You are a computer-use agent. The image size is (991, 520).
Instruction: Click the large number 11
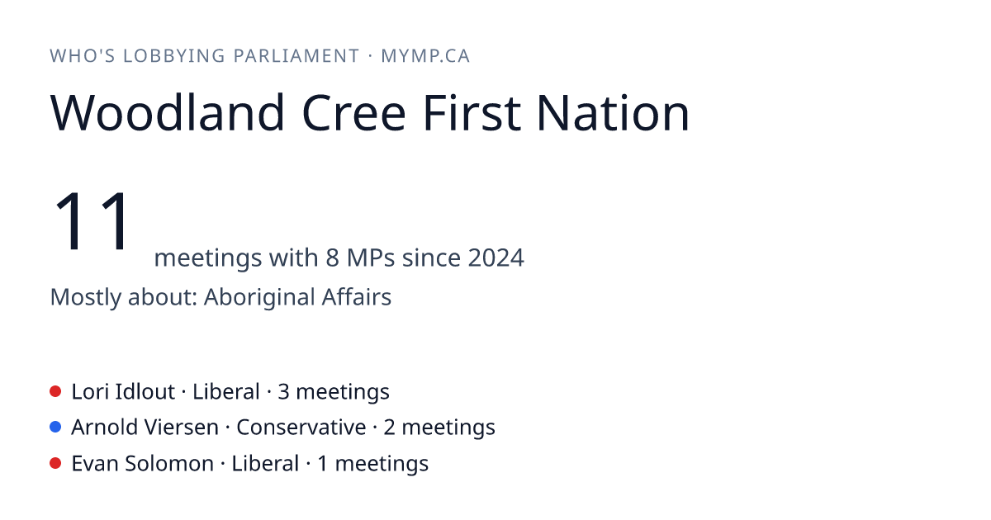(x=92, y=220)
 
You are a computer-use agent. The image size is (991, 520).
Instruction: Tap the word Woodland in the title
(x=167, y=113)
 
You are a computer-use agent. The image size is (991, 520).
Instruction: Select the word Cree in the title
(x=353, y=113)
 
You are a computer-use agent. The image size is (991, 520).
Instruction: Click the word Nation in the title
(x=613, y=113)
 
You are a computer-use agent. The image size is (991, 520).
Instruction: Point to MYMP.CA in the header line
(x=425, y=56)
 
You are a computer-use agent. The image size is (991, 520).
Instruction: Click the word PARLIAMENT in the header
(x=296, y=56)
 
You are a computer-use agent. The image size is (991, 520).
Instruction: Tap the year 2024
(x=496, y=258)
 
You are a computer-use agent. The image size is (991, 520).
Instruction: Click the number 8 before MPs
(x=332, y=258)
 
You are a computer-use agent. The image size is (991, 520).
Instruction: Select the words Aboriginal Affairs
(x=297, y=297)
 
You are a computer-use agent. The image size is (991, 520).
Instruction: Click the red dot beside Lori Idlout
(x=55, y=391)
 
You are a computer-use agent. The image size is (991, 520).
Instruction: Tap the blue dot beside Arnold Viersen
(x=55, y=428)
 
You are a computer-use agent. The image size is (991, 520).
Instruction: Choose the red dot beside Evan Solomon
(x=55, y=463)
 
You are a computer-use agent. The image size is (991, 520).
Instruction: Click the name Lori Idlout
(x=123, y=392)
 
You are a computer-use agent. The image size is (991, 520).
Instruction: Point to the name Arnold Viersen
(x=145, y=428)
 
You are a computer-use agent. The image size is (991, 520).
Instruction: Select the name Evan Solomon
(x=142, y=464)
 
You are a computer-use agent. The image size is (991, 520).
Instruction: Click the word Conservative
(x=301, y=428)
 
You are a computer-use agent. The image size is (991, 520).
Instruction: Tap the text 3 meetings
(x=334, y=392)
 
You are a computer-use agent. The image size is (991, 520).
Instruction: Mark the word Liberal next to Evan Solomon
(x=265, y=464)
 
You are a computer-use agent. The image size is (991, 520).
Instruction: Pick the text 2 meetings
(x=439, y=428)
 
